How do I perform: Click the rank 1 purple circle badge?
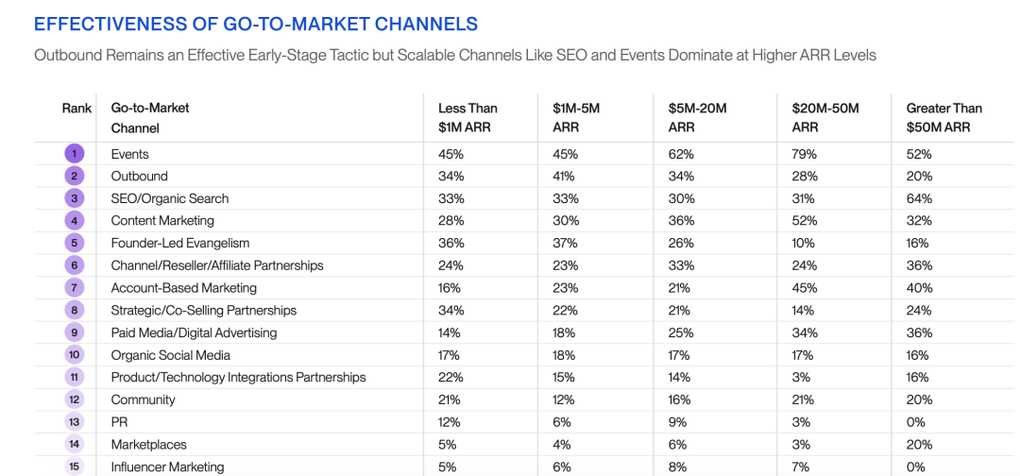pyautogui.click(x=76, y=154)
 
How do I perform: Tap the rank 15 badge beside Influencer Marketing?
pyautogui.click(x=76, y=467)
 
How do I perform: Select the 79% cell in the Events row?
pyautogui.click(x=805, y=154)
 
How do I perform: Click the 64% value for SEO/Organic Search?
pyautogui.click(x=919, y=198)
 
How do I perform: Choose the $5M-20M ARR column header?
pyautogui.click(x=697, y=117)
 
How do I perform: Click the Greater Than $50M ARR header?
pyautogui.click(x=943, y=117)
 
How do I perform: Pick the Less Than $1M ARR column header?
pyautogui.click(x=467, y=117)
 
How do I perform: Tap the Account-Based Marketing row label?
pyautogui.click(x=183, y=288)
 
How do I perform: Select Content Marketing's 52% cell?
pyautogui.click(x=805, y=221)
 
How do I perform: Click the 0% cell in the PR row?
pyautogui.click(x=916, y=422)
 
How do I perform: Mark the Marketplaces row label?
pyautogui.click(x=148, y=445)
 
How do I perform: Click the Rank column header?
pyautogui.click(x=76, y=108)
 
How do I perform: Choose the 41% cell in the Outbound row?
pyautogui.click(x=565, y=176)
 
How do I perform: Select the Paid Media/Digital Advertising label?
pyautogui.click(x=194, y=332)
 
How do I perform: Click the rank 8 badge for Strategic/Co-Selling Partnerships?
pyautogui.click(x=76, y=310)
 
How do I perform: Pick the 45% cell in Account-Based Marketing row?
pyautogui.click(x=805, y=288)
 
